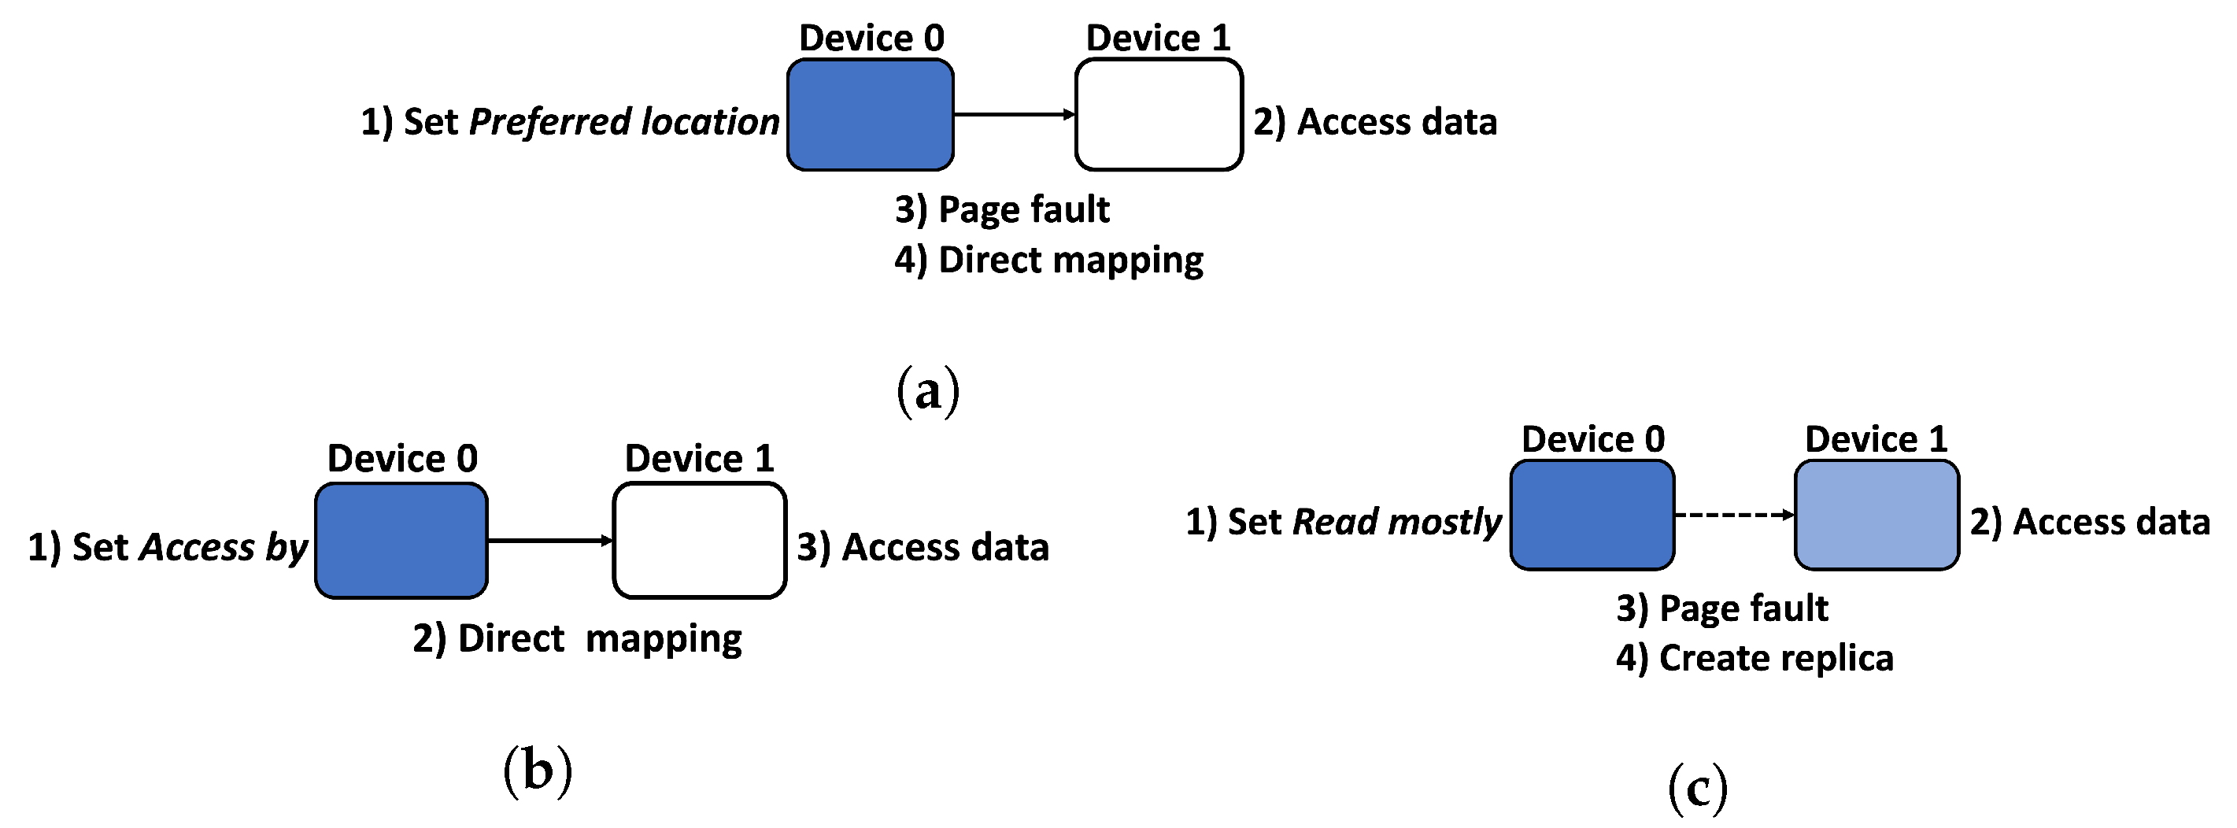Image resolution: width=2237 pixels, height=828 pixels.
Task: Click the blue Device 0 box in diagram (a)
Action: coord(870,115)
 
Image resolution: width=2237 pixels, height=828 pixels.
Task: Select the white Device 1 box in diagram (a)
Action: coord(1159,115)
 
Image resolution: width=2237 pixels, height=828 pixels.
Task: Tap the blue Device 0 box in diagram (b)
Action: coord(401,541)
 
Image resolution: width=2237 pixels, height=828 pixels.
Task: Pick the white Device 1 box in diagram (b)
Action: coord(699,541)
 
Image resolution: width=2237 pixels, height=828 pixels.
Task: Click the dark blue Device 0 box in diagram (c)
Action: coord(1592,515)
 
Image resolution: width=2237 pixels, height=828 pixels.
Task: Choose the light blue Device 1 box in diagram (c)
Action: coord(1876,515)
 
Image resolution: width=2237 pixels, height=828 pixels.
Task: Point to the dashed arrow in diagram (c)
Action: coord(1733,515)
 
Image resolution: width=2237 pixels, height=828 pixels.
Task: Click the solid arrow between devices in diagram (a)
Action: coord(1014,113)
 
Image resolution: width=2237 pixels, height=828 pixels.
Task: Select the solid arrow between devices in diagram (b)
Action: coord(549,541)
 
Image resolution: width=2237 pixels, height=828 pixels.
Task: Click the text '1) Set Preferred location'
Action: coord(570,121)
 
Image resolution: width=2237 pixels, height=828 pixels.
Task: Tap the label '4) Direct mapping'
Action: coord(1048,260)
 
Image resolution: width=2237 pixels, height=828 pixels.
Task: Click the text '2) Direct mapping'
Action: coord(577,638)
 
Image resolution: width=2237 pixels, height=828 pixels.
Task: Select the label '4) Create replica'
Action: coord(1754,658)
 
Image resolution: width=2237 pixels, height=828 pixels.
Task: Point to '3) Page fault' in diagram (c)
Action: coord(1721,608)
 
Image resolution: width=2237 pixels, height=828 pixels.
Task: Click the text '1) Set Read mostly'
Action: coord(1343,522)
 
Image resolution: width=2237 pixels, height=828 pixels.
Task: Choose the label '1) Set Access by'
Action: coord(168,547)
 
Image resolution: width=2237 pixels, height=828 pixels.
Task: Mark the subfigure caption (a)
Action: coord(927,390)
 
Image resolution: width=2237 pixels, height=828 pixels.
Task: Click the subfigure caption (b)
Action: coord(538,770)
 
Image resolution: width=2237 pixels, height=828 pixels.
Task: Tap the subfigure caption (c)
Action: coord(1698,787)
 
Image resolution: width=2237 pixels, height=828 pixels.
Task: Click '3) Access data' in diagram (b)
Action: coord(923,547)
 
